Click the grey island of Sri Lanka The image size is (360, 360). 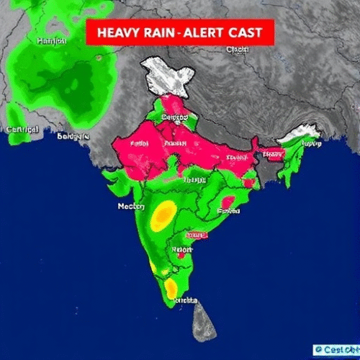203,323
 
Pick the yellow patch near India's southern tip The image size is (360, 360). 171,288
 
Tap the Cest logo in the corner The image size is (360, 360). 336,350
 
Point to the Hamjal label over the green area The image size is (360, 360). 50,41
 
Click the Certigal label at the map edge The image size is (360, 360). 22,130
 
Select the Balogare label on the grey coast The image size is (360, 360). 72,135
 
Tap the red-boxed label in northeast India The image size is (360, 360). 271,153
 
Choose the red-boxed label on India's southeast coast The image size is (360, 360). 196,235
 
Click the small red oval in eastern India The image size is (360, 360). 229,202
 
